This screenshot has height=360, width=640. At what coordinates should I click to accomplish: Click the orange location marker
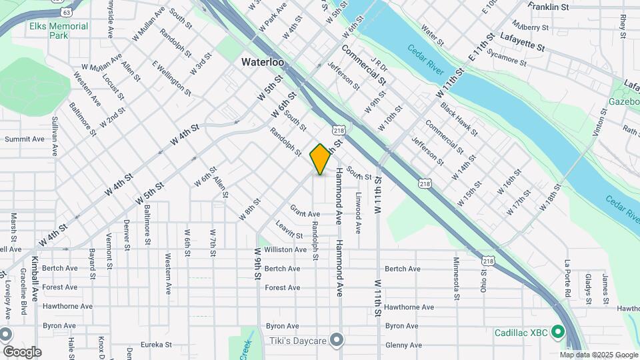coord(321,159)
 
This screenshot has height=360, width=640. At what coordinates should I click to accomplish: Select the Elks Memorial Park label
coord(59,31)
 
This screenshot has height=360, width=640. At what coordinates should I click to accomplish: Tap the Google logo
coord(21,351)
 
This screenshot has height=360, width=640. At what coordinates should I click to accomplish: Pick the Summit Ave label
coord(24,139)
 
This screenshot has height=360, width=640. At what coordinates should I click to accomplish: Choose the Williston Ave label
coord(285,249)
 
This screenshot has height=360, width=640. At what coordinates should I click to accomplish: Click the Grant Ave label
coord(305,214)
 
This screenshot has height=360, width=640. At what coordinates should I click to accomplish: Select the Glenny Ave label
coord(403,345)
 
